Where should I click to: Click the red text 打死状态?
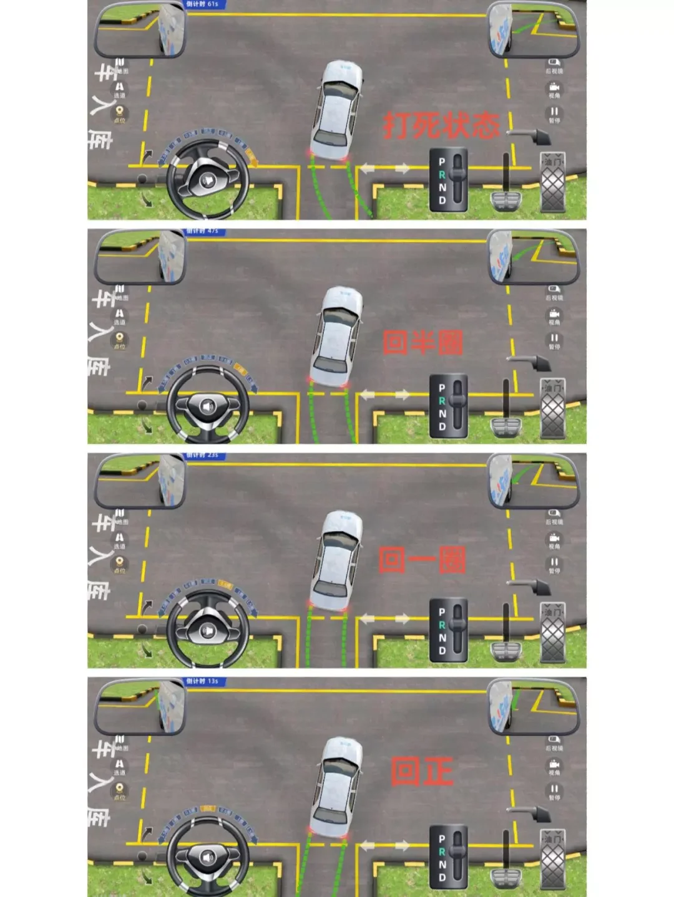point(441,125)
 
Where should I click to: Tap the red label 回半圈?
point(422,342)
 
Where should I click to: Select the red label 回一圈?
point(422,559)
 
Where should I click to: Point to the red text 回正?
point(421,772)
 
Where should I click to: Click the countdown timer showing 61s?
point(203,4)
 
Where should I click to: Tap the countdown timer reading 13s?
point(203,681)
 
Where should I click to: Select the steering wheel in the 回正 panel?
point(208,856)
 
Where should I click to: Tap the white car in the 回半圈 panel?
point(336,337)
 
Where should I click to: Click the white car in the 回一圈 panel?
point(336,561)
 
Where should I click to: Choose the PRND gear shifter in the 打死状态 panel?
point(449,180)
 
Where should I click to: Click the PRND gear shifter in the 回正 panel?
point(449,858)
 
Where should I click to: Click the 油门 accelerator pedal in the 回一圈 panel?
point(552,632)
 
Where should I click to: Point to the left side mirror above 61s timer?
point(140,30)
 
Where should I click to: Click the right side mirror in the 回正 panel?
point(534,706)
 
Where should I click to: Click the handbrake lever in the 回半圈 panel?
point(527,361)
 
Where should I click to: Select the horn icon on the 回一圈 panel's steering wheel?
point(208,631)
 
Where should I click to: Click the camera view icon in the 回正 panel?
point(554,765)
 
